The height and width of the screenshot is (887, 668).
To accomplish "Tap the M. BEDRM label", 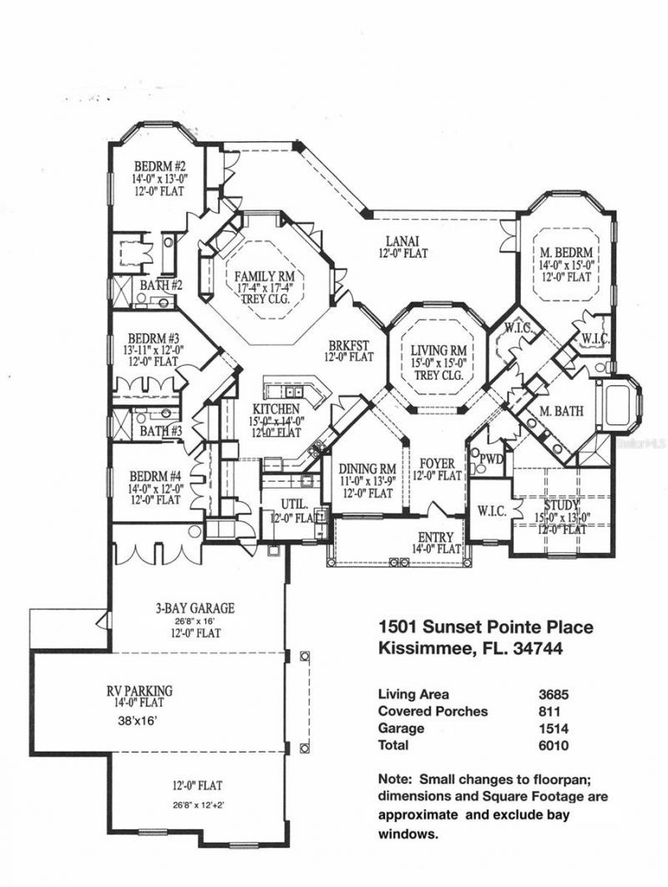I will [566, 252].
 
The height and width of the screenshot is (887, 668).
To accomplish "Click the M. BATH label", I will [561, 410].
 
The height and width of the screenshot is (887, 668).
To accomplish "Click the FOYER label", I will [437, 464].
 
